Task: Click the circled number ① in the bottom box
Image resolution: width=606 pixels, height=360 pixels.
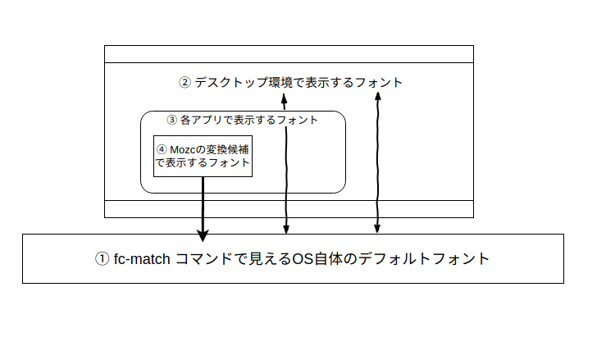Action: click(x=102, y=259)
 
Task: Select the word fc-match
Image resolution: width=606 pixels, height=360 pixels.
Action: click(x=142, y=259)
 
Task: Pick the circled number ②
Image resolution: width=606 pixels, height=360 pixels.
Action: click(x=185, y=82)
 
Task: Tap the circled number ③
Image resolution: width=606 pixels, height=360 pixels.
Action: click(x=171, y=120)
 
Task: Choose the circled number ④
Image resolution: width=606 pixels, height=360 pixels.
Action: click(x=161, y=150)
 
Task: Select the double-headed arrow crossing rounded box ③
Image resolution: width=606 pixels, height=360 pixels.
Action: click(x=285, y=164)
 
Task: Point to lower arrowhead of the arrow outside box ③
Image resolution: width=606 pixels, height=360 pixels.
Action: click(x=377, y=229)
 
